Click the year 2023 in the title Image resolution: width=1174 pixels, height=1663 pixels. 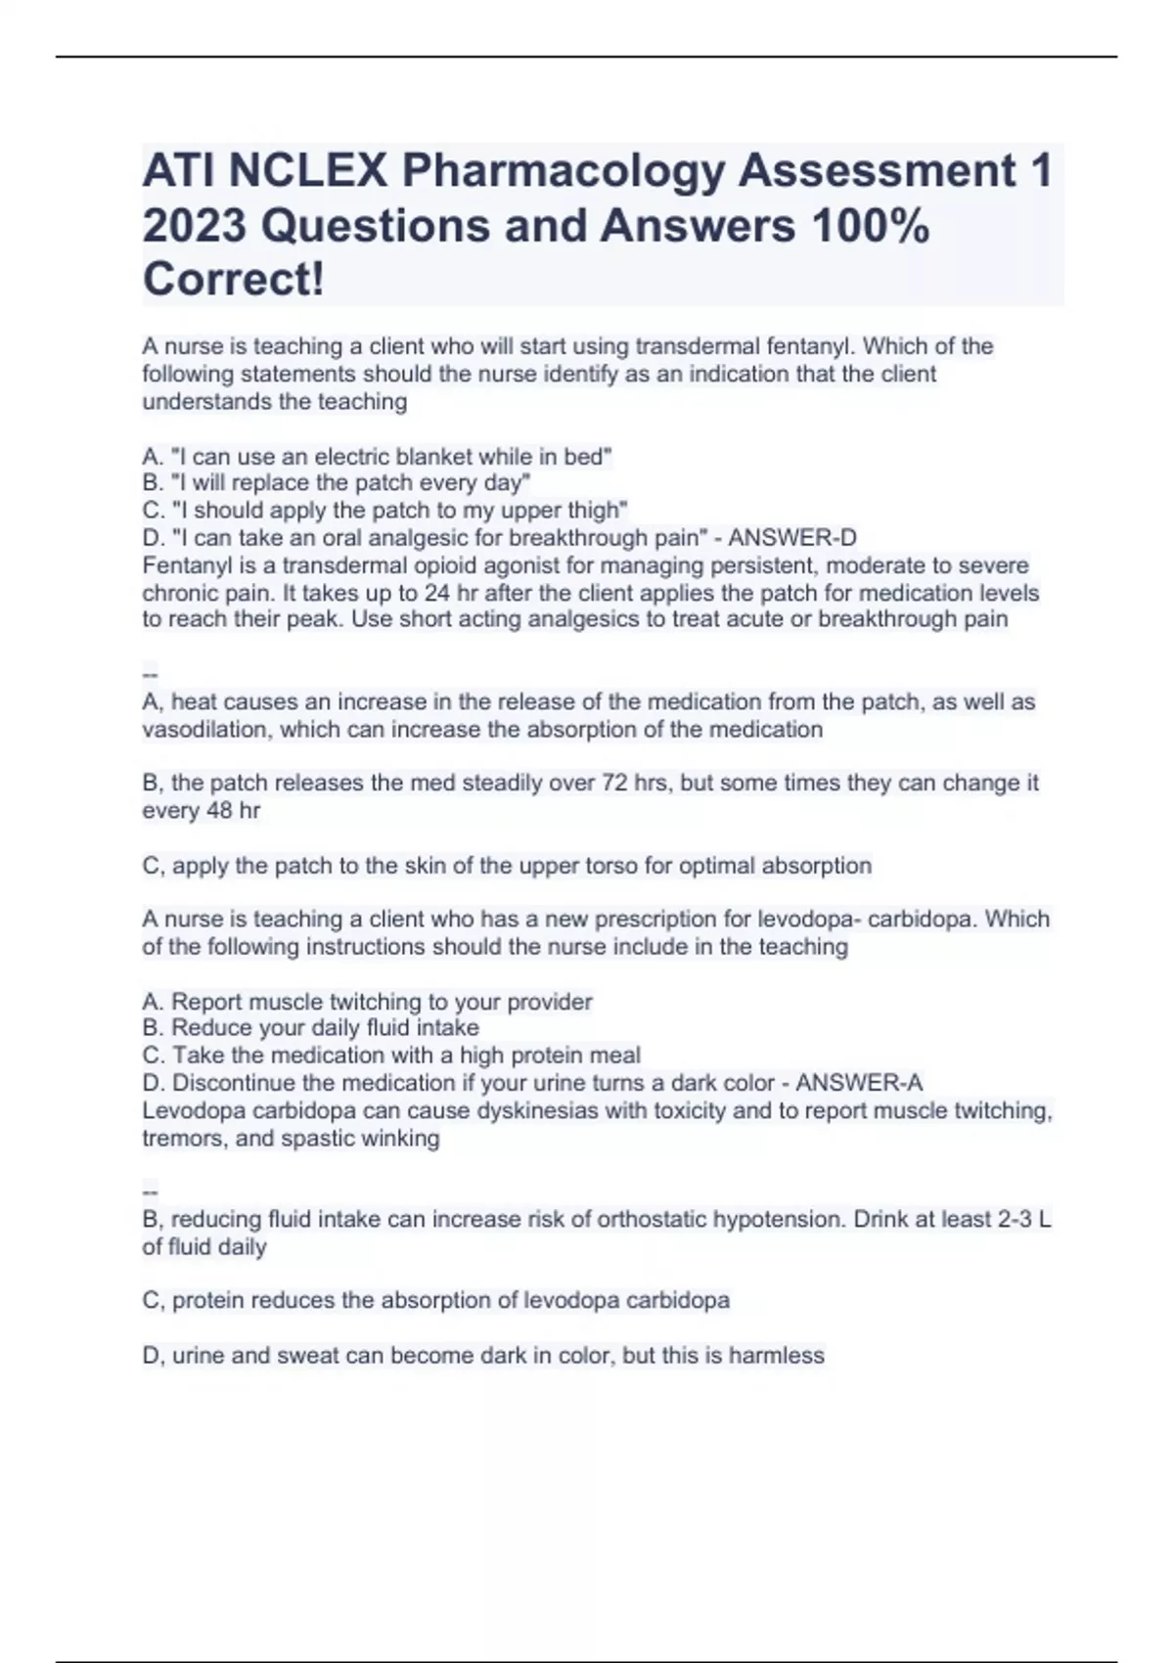(194, 226)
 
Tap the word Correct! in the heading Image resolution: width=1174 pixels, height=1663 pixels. (233, 280)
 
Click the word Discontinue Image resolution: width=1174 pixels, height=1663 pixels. (234, 1083)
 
